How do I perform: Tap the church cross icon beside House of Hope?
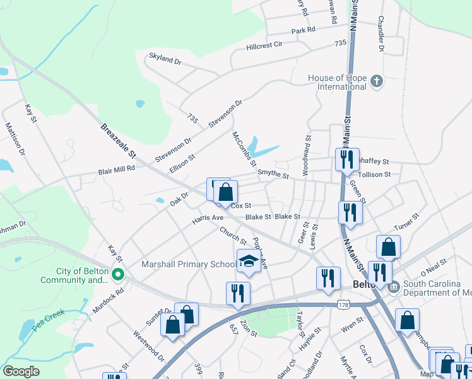(376, 81)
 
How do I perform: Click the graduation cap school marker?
(249, 261)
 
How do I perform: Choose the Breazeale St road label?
(119, 141)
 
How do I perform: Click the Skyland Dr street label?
(165, 59)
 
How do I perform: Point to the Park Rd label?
(303, 30)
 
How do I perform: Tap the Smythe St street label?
(273, 176)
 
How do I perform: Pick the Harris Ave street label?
(208, 218)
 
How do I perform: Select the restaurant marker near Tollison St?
(346, 160)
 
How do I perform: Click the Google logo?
(21, 371)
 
